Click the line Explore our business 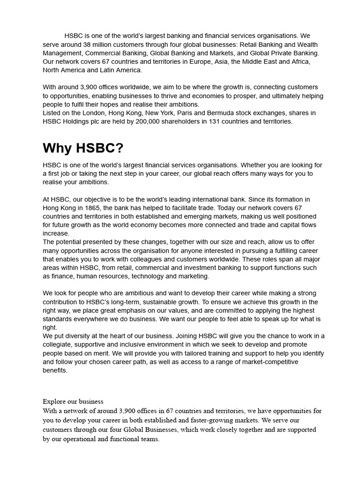pyautogui.click(x=73, y=402)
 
